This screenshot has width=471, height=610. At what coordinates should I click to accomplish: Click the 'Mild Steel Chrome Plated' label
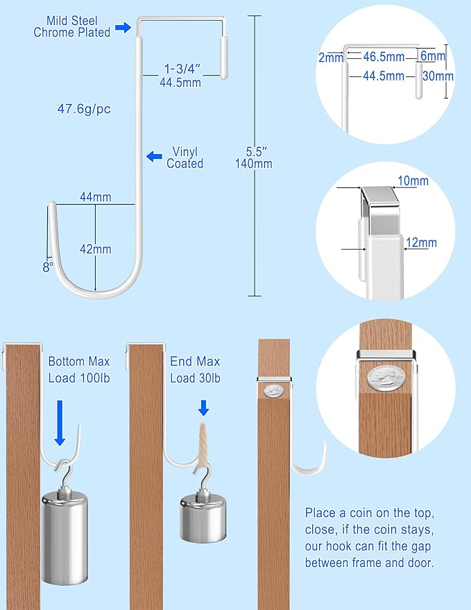[71, 27]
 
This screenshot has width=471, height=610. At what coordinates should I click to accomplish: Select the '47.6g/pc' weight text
[85, 108]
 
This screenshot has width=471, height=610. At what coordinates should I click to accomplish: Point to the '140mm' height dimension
[254, 164]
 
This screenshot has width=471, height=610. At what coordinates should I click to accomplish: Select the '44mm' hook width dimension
[95, 197]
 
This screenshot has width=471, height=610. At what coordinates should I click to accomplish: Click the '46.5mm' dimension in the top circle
[382, 58]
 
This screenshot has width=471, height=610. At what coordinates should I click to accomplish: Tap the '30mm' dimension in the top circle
[438, 76]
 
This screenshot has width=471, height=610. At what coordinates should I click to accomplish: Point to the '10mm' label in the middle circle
[413, 182]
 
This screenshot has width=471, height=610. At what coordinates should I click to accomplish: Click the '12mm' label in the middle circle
[422, 243]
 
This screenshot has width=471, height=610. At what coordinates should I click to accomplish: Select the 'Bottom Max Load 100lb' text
[79, 370]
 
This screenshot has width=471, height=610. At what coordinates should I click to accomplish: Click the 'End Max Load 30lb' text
[195, 370]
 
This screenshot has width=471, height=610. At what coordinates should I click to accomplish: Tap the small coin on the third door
[273, 390]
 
